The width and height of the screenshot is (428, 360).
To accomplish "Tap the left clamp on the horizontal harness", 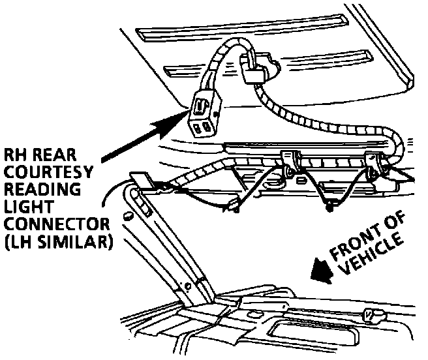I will [x=290, y=160].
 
